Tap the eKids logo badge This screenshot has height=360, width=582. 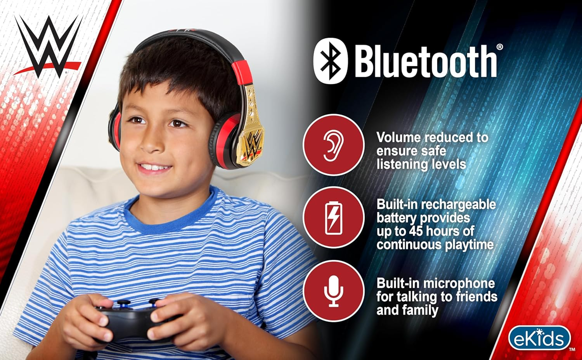click(x=539, y=338)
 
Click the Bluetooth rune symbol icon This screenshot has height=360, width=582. click(x=330, y=61)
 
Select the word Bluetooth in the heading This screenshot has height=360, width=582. click(x=426, y=61)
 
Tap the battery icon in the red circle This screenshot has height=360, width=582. click(x=333, y=218)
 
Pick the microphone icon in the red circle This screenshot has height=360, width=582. click(x=333, y=291)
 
